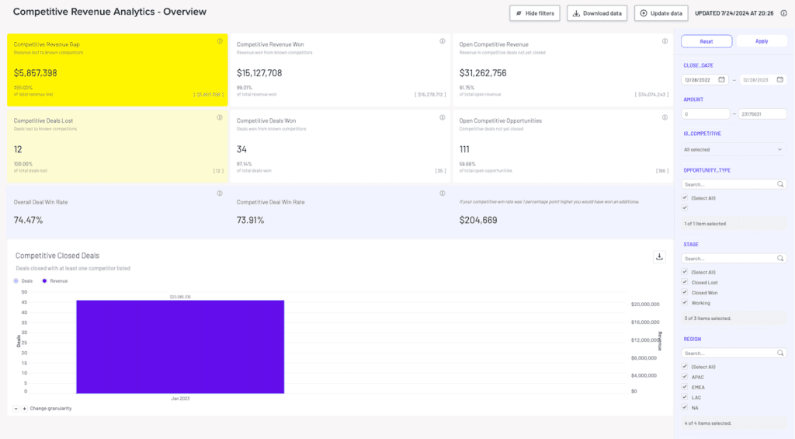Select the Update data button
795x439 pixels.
[x=661, y=13]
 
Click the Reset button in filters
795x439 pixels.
[x=706, y=41]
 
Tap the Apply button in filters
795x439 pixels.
[x=761, y=41]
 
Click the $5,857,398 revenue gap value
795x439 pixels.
[x=36, y=73]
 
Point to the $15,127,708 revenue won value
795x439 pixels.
[x=259, y=73]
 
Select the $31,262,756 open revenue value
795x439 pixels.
[x=483, y=73]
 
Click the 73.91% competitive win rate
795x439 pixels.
[x=251, y=220]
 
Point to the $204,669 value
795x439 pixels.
[x=477, y=220]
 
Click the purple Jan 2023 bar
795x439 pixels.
[x=179, y=346]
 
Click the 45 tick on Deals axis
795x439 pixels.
[x=23, y=302]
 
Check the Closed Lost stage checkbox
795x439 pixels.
[x=684, y=283]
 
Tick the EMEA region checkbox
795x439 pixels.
[x=684, y=387]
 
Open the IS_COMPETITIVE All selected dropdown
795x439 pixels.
[x=734, y=149]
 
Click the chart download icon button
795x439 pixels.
[x=658, y=257]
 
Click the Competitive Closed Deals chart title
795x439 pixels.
[x=57, y=255]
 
